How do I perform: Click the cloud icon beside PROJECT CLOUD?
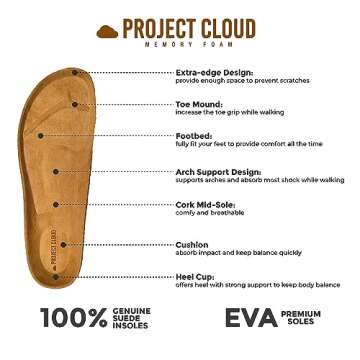tap(107, 31)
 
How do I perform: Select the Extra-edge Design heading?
tap(215, 72)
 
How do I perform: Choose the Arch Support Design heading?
tap(219, 172)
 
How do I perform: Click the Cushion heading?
tap(192, 244)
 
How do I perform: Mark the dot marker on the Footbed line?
tap(41, 134)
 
